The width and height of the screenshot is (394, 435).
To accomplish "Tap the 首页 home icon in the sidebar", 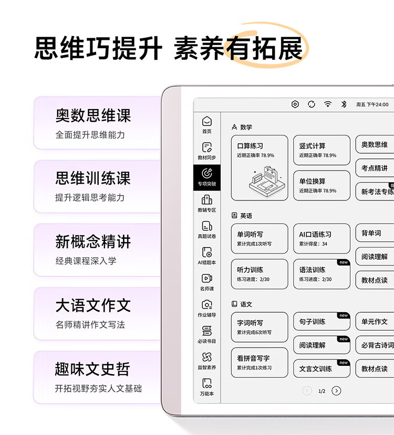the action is (x=207, y=121).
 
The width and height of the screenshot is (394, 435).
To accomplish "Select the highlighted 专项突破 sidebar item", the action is (x=207, y=177).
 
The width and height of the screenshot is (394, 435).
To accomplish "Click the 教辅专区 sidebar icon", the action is (x=207, y=200).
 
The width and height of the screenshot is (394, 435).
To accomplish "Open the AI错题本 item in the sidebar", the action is (x=207, y=252).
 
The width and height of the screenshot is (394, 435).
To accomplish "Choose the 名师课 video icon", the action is (x=207, y=278).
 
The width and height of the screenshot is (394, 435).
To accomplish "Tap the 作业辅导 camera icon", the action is (x=207, y=305).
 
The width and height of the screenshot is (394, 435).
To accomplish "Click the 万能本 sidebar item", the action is (x=207, y=387).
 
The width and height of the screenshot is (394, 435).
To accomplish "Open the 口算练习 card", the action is (x=260, y=168).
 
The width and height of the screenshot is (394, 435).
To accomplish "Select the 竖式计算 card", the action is (x=322, y=150).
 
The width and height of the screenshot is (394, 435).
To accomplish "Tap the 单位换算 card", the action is (x=322, y=186).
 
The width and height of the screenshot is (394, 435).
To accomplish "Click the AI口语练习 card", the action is (x=322, y=239).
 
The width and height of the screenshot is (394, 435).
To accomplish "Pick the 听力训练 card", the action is (x=260, y=274).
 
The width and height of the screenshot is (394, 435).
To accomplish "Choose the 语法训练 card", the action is (x=322, y=274).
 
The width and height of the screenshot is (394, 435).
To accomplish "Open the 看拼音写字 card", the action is (x=260, y=363).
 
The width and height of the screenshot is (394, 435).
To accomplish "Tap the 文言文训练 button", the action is (x=322, y=369).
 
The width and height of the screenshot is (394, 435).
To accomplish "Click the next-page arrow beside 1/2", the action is (x=336, y=391).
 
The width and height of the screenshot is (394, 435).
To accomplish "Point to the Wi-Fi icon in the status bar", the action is (x=328, y=104).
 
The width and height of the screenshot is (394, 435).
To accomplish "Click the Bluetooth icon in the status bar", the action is (x=344, y=104).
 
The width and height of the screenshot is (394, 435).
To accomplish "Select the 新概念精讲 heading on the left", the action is (x=93, y=241).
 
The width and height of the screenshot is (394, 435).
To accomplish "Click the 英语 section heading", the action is (x=246, y=216).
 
